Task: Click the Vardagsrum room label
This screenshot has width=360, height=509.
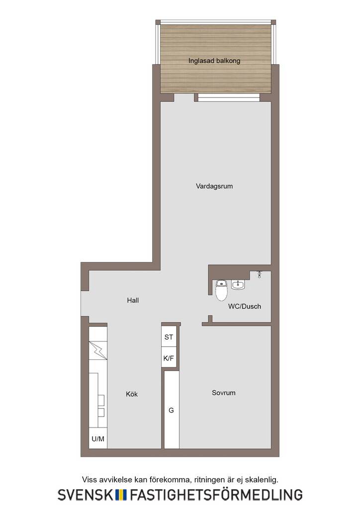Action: (x=214, y=186)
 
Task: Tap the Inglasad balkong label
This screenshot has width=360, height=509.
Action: (x=214, y=61)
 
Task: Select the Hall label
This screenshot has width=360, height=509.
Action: (x=133, y=300)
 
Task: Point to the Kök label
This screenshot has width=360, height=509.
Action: (x=132, y=394)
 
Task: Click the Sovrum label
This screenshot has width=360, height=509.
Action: (x=224, y=393)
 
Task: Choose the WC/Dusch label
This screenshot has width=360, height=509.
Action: (x=245, y=306)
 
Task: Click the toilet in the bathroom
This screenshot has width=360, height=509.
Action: (x=221, y=290)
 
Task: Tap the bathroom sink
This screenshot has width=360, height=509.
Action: (x=238, y=285)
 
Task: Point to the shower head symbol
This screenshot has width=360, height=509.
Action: (x=259, y=274)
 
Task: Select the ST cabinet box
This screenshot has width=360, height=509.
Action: (x=169, y=337)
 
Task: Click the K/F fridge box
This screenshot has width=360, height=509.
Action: (x=169, y=358)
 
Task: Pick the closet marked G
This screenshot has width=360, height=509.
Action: (x=172, y=410)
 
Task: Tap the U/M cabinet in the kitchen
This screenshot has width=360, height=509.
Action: (x=98, y=439)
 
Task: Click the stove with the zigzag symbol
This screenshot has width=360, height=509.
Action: (x=98, y=350)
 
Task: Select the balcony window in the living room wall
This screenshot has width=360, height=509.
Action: (x=229, y=97)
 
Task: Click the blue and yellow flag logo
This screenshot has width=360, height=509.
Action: (x=121, y=495)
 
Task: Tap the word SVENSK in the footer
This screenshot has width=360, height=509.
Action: (x=86, y=495)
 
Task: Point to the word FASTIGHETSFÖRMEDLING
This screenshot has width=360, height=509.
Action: (x=216, y=494)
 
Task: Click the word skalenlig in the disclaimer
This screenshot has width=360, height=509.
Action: (x=262, y=480)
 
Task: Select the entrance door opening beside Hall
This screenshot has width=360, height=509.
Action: (x=85, y=303)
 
